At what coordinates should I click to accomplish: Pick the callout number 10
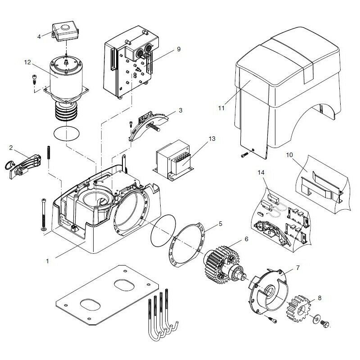pos(290,155)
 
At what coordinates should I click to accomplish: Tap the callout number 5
pos(220,223)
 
